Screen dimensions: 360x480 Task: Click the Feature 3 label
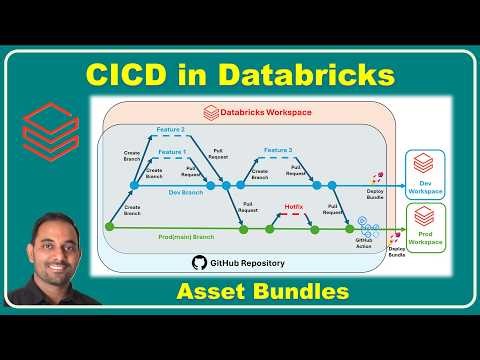(279, 150)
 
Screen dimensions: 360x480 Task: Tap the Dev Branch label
(160, 192)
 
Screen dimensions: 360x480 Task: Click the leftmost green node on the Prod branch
(109, 229)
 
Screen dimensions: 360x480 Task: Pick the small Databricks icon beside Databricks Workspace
(211, 113)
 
